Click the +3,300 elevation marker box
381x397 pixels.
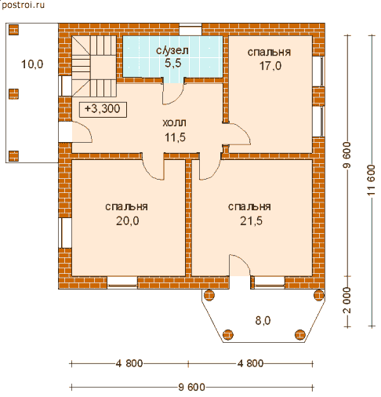(x=103, y=109)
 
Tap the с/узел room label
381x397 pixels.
(x=172, y=50)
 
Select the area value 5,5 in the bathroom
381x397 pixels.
(x=173, y=64)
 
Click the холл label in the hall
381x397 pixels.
(x=174, y=122)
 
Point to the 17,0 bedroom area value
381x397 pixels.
(x=270, y=66)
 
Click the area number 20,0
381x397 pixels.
(x=128, y=221)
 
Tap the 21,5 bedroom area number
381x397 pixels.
(x=251, y=221)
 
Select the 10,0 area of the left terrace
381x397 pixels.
(x=32, y=64)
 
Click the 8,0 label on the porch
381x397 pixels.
(x=263, y=321)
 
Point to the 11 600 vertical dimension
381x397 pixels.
(x=372, y=180)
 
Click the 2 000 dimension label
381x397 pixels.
(x=347, y=300)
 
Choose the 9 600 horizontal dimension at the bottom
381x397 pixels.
(x=191, y=387)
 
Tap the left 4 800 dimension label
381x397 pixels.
(x=129, y=363)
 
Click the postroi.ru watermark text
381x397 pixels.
(x=23, y=5)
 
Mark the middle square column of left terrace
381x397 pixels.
(x=14, y=94)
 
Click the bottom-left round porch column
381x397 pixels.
(x=227, y=334)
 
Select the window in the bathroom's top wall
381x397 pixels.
(x=190, y=29)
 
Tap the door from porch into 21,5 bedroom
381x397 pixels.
(x=240, y=265)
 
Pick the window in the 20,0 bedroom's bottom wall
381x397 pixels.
(x=122, y=282)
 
